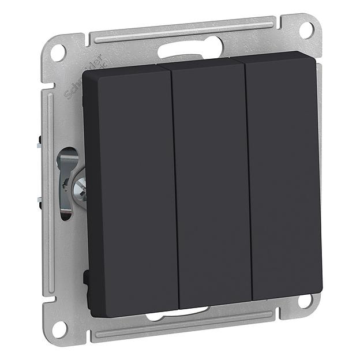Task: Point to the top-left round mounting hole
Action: click(58, 52)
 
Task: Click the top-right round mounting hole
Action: click(306, 28)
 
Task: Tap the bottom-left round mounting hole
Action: click(59, 329)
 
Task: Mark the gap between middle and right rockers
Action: click(249, 182)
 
